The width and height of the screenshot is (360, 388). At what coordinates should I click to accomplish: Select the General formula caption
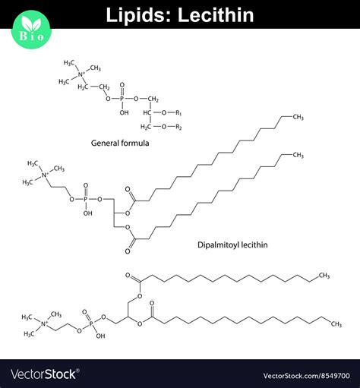[119, 143]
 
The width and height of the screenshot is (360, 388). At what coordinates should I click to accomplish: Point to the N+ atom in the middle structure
[46, 176]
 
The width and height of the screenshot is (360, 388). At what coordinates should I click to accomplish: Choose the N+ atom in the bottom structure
[44, 324]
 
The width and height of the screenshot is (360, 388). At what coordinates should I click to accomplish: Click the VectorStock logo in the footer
[43, 374]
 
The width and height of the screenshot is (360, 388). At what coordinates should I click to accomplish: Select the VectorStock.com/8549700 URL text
[306, 375]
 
